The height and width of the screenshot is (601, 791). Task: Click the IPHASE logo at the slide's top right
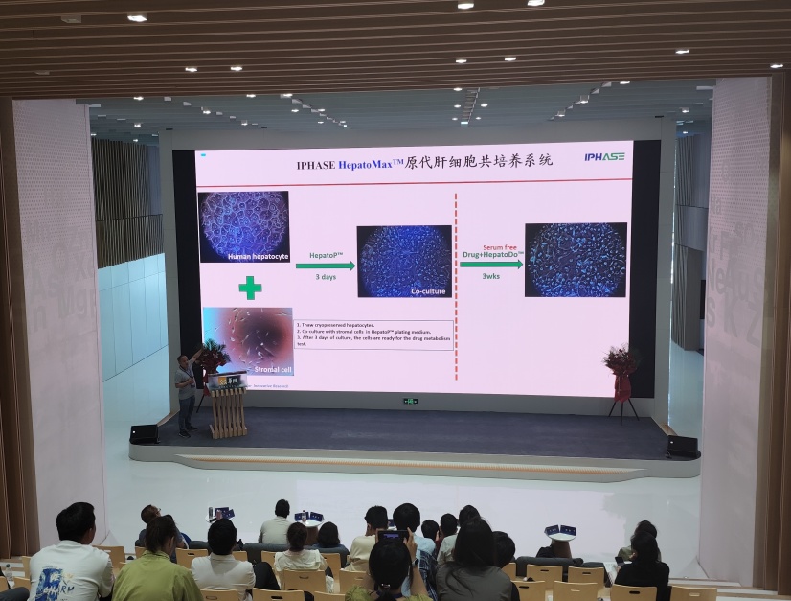point(604,157)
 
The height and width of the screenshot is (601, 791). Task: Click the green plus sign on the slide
point(250,287)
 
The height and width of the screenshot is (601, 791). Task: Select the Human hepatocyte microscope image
point(243,226)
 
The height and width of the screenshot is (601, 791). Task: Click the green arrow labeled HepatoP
point(325,266)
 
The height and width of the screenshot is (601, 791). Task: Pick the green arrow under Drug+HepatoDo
point(491,264)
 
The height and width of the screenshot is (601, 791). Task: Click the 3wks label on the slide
point(490,276)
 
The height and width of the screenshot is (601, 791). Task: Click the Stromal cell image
point(248,339)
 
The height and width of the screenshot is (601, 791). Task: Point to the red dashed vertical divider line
point(456,288)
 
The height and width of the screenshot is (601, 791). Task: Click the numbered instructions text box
point(373,335)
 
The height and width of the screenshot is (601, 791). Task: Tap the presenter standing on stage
point(185,391)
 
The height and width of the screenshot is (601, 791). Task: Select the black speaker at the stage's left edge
point(144,433)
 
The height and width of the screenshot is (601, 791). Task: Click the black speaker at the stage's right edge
point(682,446)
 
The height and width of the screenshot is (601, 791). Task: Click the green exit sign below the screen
point(410,401)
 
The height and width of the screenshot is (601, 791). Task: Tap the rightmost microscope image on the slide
point(576,259)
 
